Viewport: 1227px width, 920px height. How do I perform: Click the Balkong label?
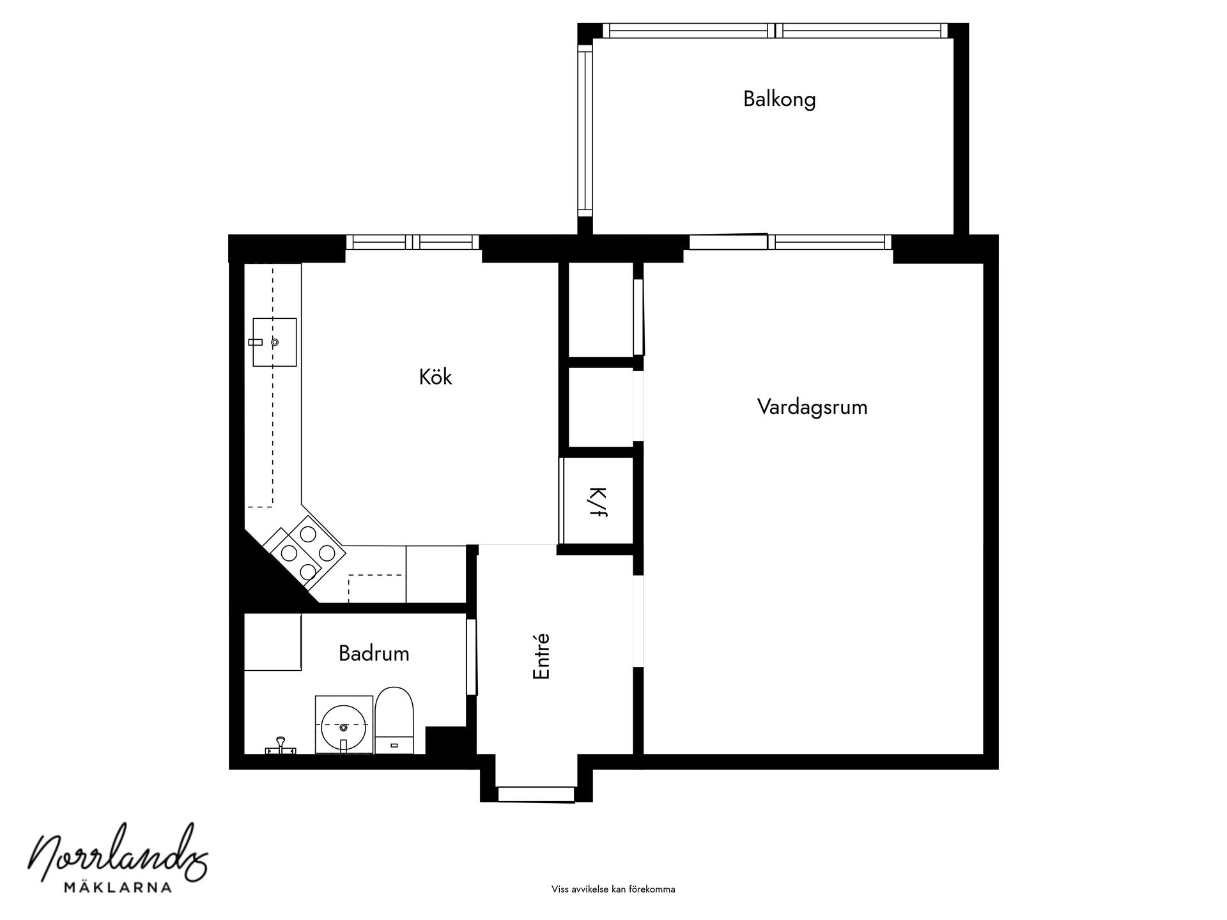tap(779, 100)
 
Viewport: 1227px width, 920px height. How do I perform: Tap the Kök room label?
tap(435, 377)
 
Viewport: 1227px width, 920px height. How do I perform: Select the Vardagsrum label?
tap(812, 407)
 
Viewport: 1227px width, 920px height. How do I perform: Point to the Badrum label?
tap(374, 654)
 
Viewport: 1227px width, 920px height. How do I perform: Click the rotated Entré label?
tap(541, 656)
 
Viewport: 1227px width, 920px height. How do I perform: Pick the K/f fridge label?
tap(597, 502)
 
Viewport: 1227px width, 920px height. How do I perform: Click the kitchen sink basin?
tap(275, 342)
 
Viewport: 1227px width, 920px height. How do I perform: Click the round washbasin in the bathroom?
tap(344, 726)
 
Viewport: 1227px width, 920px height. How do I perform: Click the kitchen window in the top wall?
tap(413, 242)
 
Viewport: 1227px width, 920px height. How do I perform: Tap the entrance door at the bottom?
tap(536, 794)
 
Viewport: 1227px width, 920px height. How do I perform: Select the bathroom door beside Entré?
tap(472, 657)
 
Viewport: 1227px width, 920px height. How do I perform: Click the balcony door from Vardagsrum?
tap(728, 242)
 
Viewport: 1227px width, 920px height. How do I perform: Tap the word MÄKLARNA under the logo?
tap(118, 887)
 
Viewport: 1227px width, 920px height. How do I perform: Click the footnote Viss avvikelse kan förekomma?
tap(613, 889)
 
